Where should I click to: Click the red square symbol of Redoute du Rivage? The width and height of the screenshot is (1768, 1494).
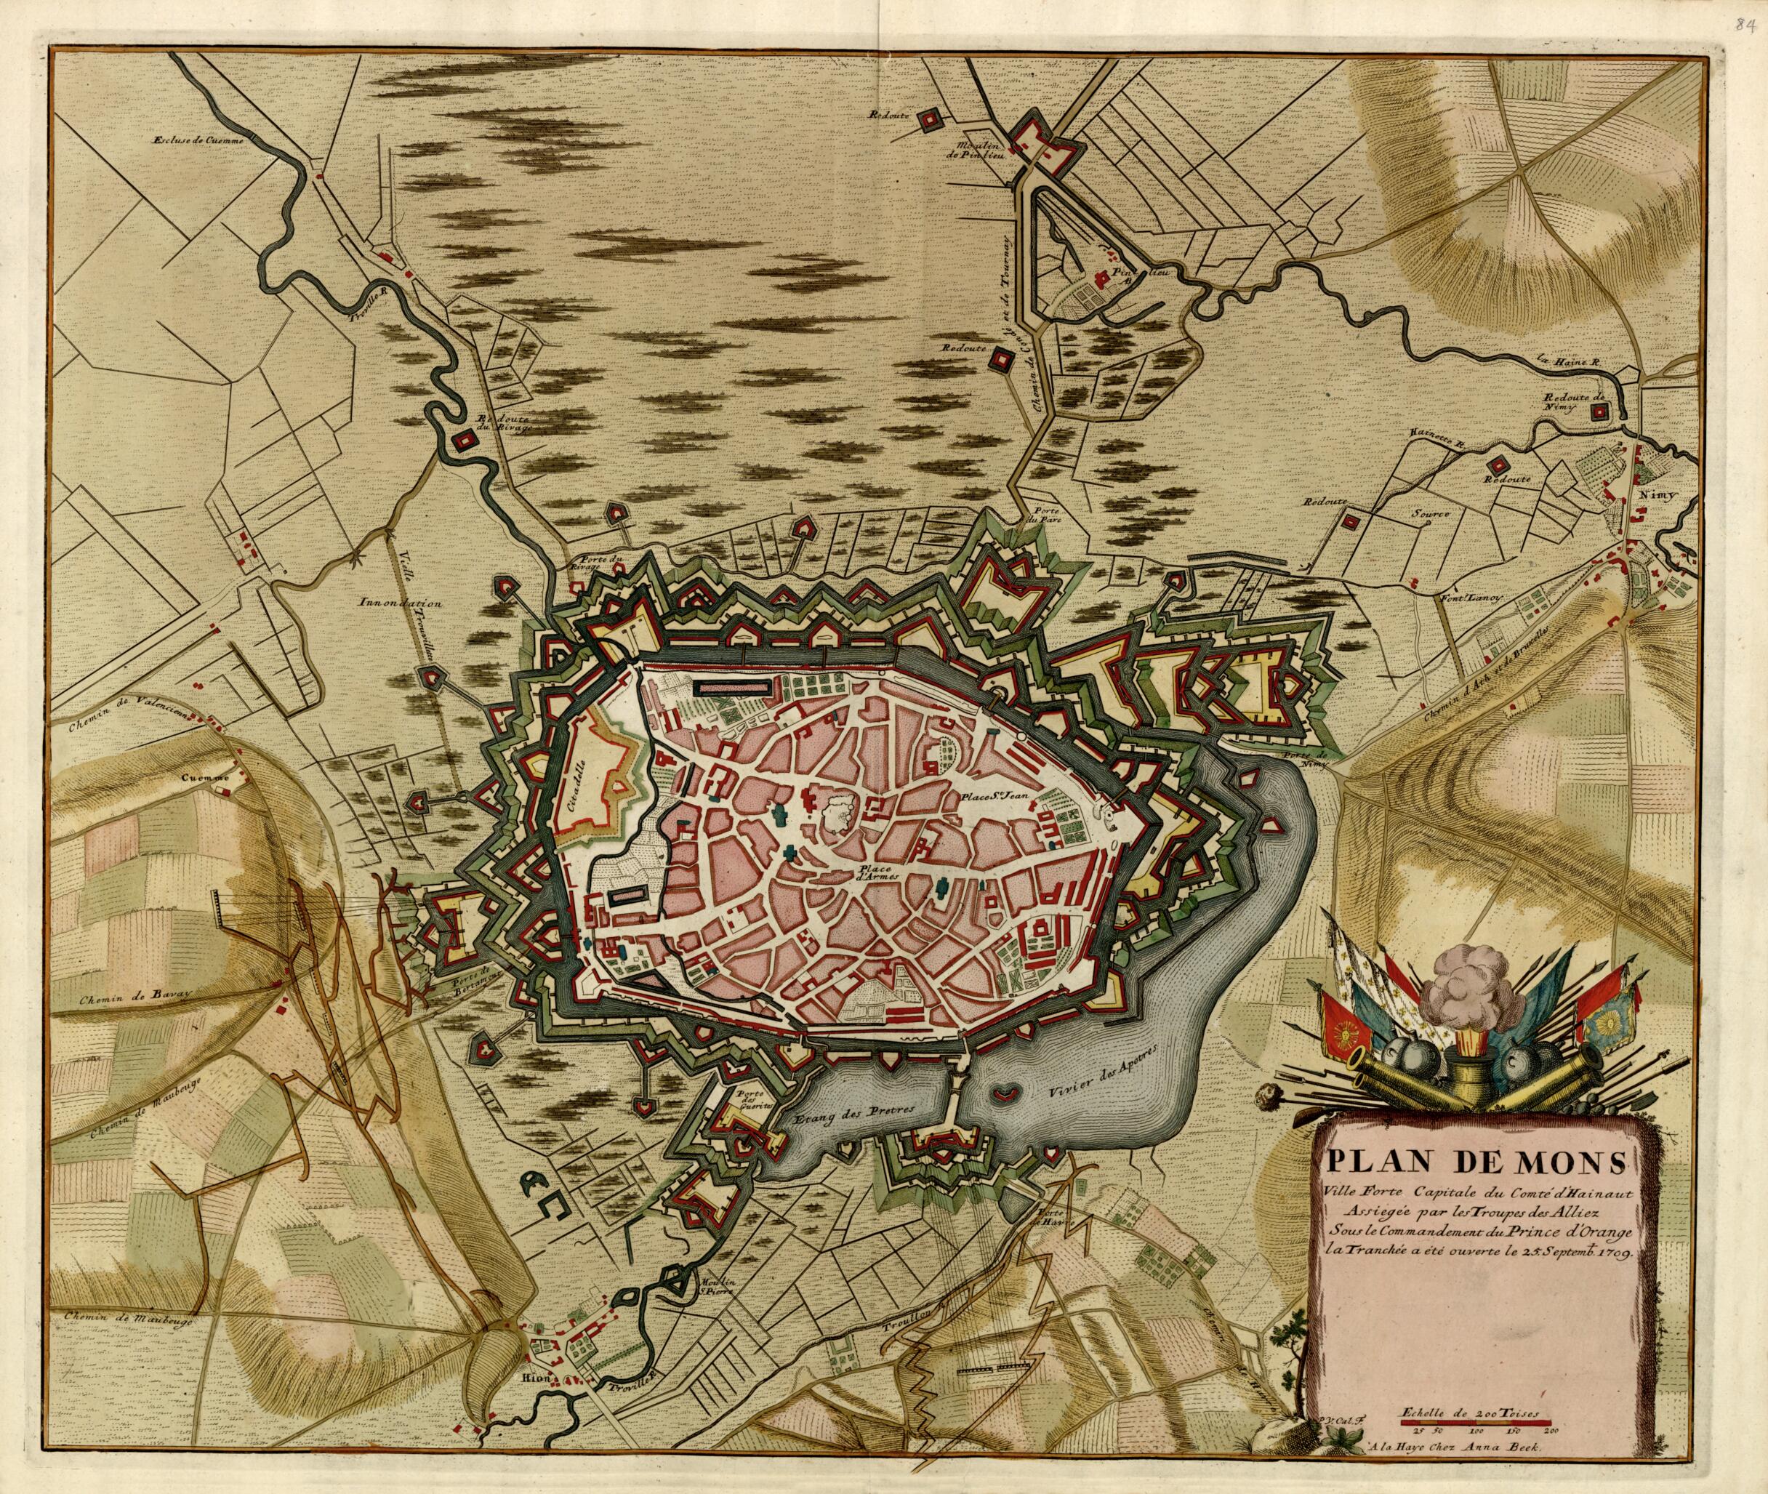[x=463, y=441]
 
